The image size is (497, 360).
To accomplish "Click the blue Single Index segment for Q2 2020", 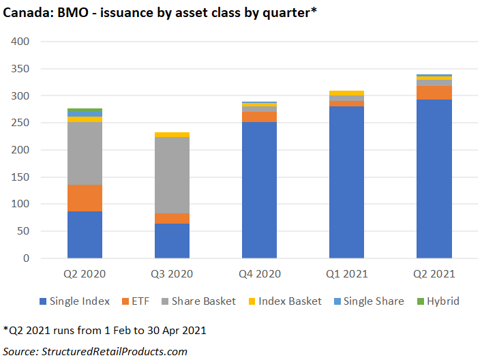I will coord(85,235).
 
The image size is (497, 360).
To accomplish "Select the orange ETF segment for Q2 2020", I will coord(85,198).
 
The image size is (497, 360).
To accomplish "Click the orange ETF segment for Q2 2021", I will coord(434,93).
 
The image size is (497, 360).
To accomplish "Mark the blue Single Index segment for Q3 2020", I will coord(172,241).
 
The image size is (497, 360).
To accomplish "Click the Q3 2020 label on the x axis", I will coord(172,274).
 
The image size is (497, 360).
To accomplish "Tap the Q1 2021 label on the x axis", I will coord(346,274).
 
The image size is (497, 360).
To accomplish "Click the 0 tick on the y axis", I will coord(26,258).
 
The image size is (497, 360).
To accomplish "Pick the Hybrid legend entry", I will coord(443,301).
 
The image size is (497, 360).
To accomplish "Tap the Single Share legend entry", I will coord(374,301).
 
